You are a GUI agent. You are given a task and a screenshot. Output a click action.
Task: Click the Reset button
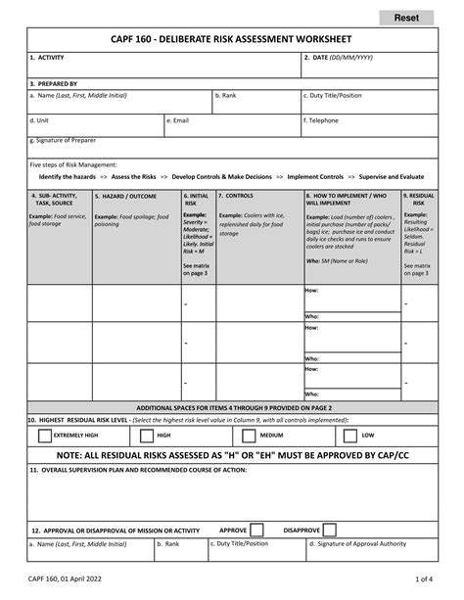(406, 18)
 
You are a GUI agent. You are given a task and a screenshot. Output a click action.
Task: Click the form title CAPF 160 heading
(232, 41)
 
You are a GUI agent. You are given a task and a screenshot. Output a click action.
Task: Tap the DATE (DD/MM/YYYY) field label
(340, 58)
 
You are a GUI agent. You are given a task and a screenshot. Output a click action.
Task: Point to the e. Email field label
(180, 120)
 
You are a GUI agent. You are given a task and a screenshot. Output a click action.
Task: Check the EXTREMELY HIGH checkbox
(44, 435)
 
